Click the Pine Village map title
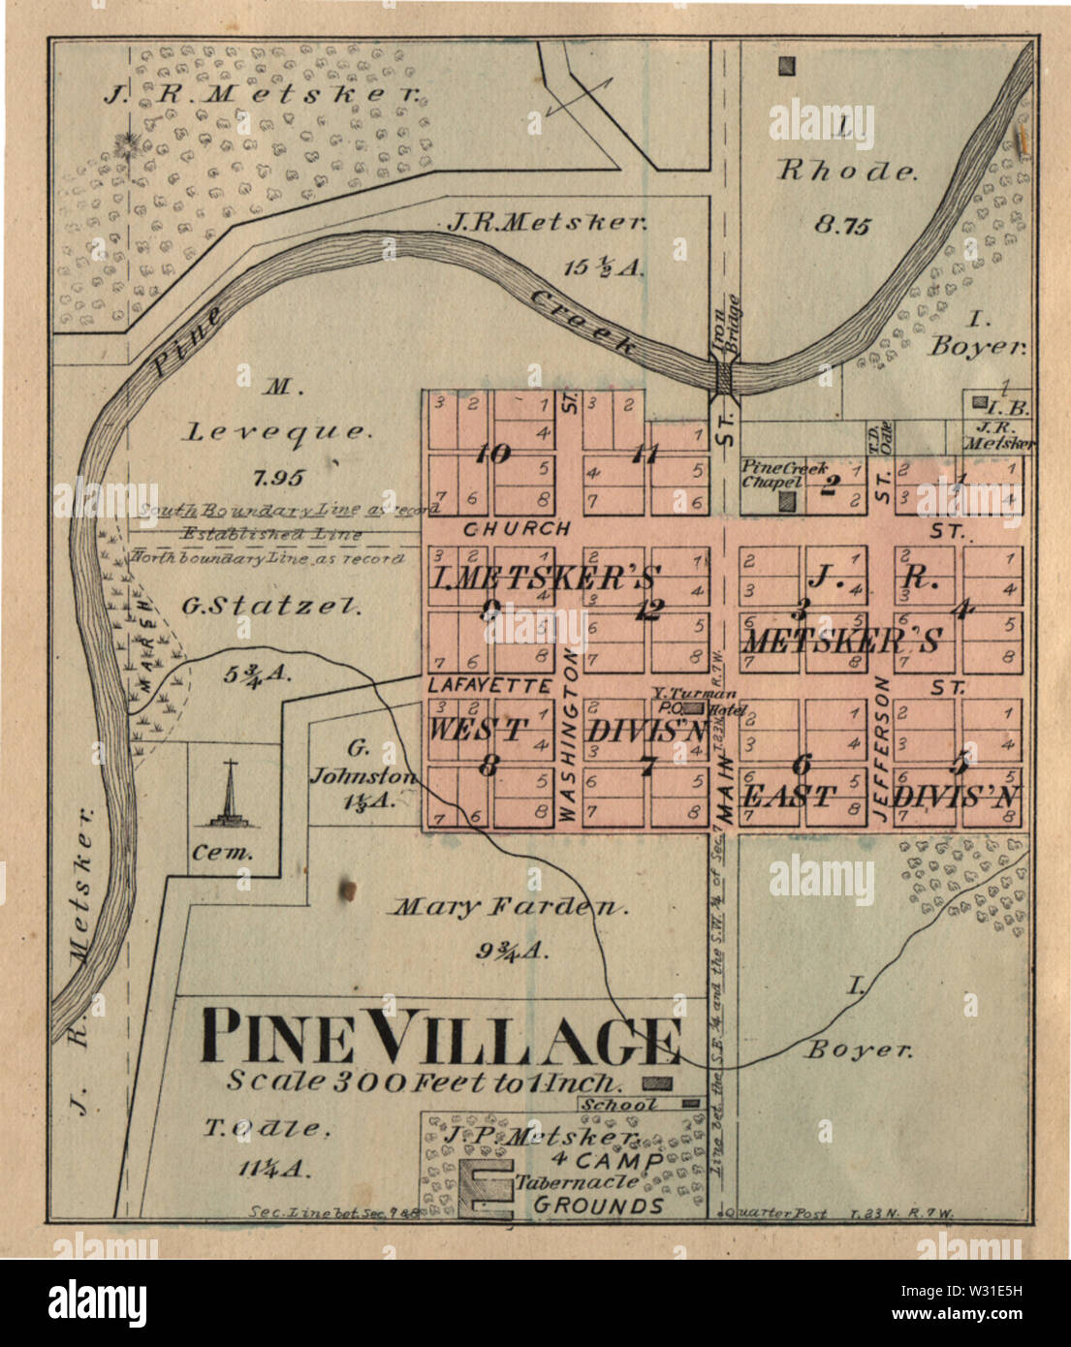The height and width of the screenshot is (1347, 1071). [441, 1039]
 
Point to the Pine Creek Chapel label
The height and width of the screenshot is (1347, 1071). [772, 474]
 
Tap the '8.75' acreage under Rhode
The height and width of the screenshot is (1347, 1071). [841, 225]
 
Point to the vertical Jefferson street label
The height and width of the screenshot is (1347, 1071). [882, 750]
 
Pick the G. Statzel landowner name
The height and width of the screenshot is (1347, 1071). [271, 607]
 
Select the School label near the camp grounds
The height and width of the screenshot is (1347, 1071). [619, 1104]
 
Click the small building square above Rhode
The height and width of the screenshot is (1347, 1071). [788, 67]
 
